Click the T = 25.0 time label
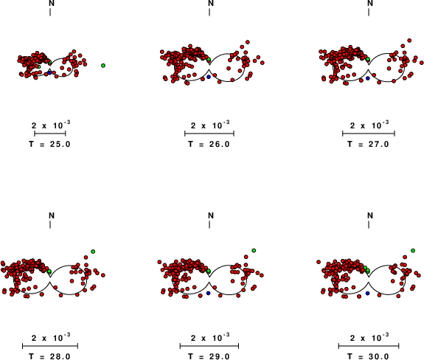point(49,144)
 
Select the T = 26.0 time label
point(209,144)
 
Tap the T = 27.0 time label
point(368,144)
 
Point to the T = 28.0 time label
point(49,356)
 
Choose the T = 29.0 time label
point(209,356)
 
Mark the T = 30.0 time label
point(368,356)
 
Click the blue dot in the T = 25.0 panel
point(49,73)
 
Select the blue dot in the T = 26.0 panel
point(209,77)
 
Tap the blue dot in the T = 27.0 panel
point(368,78)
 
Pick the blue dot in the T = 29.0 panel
point(208,293)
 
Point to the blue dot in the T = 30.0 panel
point(367,293)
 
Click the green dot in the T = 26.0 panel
point(209,59)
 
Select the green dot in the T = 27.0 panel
point(368,59)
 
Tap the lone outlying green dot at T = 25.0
point(103,66)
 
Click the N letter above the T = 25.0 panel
point(52,3)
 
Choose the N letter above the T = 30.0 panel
point(370,215)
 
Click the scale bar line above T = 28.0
point(50,346)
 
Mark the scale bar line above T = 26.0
point(209,134)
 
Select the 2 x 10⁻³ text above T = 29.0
point(210,337)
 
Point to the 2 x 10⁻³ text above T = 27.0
point(369,125)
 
